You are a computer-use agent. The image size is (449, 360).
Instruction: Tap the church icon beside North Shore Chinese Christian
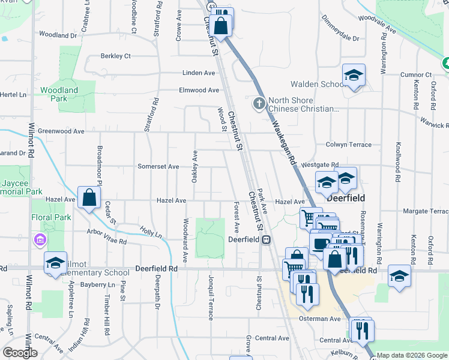pyautogui.click(x=259, y=104)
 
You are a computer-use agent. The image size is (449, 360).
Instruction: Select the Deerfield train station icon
pyautogui.click(x=266, y=239)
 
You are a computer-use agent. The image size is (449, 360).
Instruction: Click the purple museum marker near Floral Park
pyautogui.click(x=40, y=241)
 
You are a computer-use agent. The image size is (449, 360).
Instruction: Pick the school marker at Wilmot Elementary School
pyautogui.click(x=55, y=263)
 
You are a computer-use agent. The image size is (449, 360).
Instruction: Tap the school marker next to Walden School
pyautogui.click(x=354, y=76)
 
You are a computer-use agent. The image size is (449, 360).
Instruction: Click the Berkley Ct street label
pyautogui.click(x=116, y=56)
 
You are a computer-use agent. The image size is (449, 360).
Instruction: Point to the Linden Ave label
pyautogui.click(x=199, y=73)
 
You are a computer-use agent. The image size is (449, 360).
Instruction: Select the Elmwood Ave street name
pyautogui.click(x=199, y=91)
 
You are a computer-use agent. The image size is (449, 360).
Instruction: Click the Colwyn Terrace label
pyautogui.click(x=349, y=145)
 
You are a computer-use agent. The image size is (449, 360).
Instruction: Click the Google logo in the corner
pyautogui.click(x=20, y=353)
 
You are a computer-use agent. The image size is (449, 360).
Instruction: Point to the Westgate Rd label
pyautogui.click(x=321, y=164)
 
